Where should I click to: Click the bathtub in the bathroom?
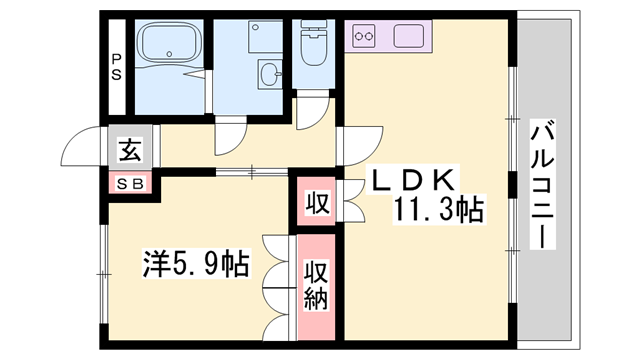click(171, 45)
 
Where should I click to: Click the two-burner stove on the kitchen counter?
click(364, 39)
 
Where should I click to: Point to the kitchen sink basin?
click(411, 38)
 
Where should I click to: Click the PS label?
click(117, 65)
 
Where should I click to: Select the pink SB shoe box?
click(131, 183)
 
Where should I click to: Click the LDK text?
click(415, 181)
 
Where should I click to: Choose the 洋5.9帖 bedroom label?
click(197, 264)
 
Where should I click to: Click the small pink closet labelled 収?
click(316, 203)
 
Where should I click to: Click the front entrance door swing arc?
click(82, 147)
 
